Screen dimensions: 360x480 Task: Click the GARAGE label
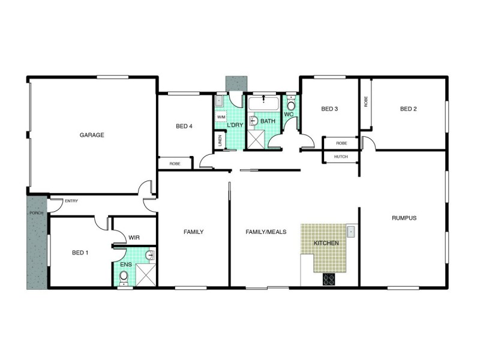coord(92,135)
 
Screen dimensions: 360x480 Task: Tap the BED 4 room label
coord(184,126)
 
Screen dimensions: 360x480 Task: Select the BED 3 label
coord(330,109)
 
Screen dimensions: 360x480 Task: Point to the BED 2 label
coord(408,109)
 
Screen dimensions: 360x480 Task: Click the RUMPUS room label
coord(404,218)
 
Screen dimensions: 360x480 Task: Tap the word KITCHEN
coord(326,243)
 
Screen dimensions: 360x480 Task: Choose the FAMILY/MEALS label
coord(266,232)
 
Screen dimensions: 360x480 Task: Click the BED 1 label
coord(80,253)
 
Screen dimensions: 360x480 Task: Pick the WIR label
coord(134,238)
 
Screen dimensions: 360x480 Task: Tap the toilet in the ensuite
coord(124,277)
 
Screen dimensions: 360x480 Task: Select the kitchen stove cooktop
coord(329,278)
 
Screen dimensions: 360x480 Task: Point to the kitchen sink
coord(351,231)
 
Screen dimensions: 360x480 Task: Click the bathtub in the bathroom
coord(264,103)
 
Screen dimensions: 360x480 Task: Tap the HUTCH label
coord(341,157)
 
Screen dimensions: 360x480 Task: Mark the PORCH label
coord(33,213)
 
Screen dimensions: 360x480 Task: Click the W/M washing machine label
coord(220,117)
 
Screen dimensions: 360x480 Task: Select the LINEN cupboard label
coord(220,141)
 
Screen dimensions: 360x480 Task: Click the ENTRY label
coord(71,201)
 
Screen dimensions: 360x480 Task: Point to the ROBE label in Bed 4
coord(175,163)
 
